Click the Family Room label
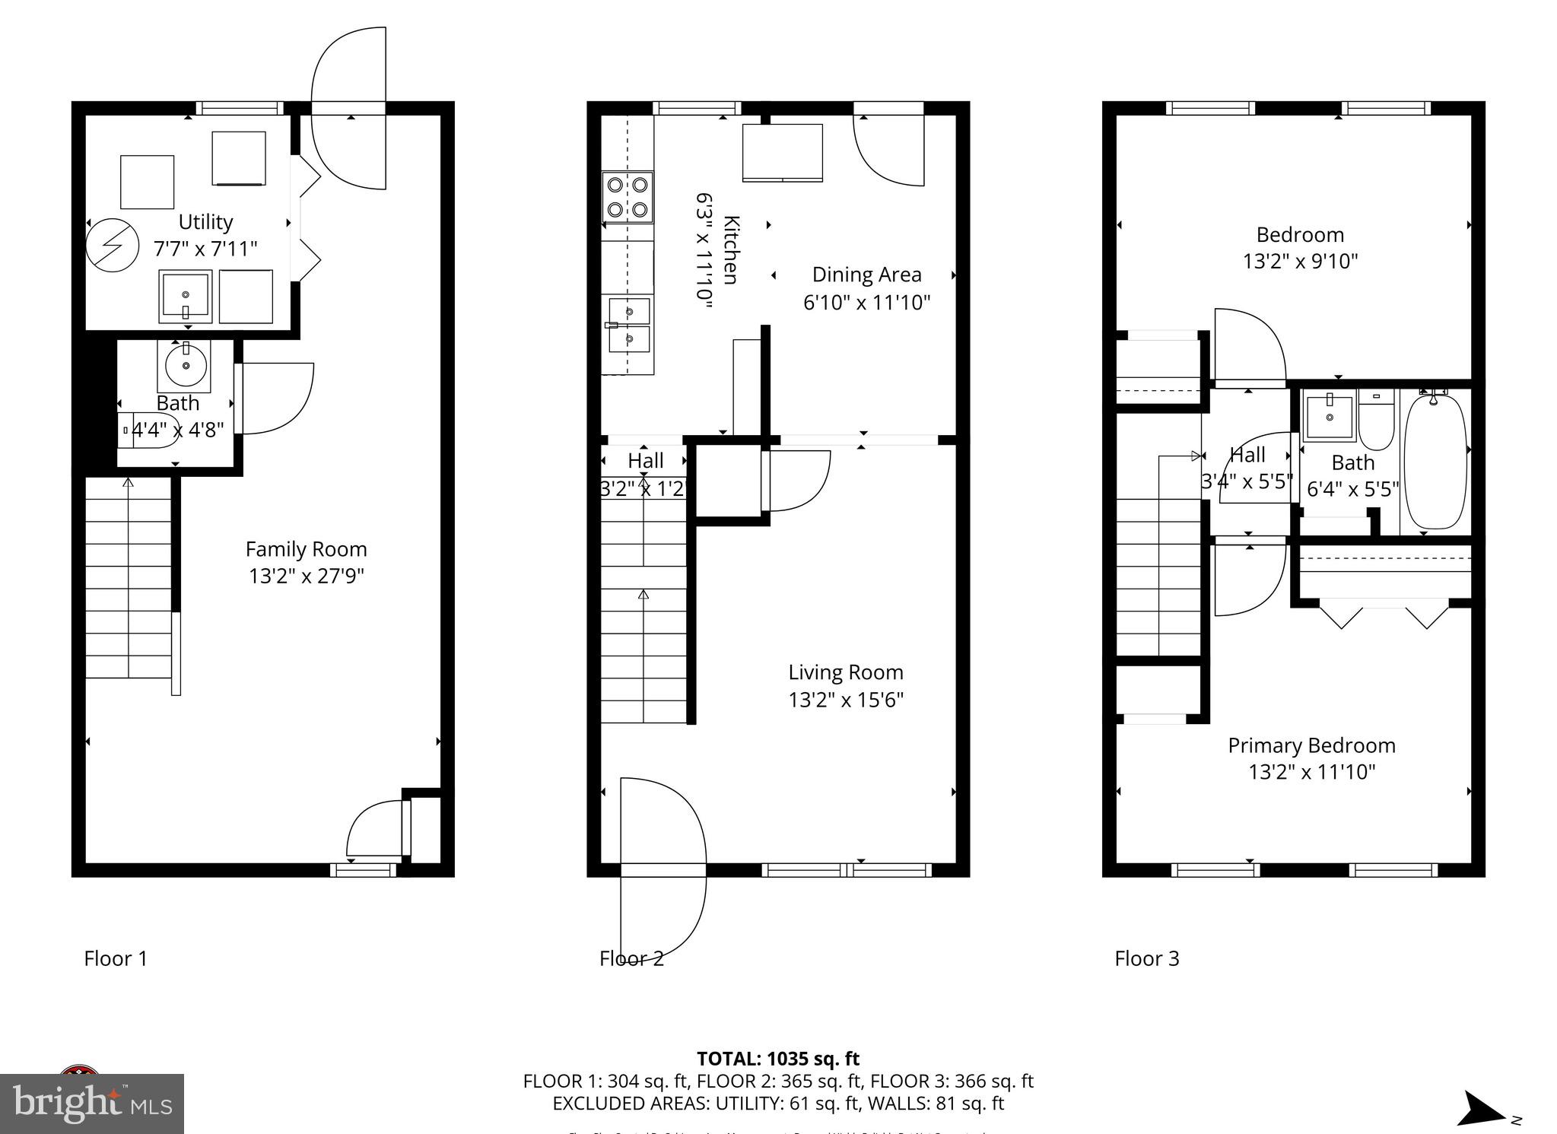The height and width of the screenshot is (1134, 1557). coord(306,549)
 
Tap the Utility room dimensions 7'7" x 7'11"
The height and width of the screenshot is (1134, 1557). coord(205,249)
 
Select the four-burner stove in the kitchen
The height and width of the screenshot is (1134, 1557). coord(628,196)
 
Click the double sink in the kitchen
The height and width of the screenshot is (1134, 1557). coord(629,325)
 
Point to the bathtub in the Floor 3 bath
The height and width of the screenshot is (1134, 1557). coord(1435,461)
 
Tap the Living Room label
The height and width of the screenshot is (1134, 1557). coord(845,672)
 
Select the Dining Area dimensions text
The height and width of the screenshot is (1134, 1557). coord(866,303)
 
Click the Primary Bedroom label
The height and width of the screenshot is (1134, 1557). coord(1311,745)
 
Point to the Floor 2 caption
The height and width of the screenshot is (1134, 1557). coord(631,958)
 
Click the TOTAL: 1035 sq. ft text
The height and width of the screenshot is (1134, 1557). coord(777,1059)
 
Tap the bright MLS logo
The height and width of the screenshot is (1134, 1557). coord(92,1103)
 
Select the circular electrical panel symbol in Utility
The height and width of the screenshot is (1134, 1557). coord(112,246)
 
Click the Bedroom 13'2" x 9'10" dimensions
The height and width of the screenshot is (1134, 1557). coord(1300,262)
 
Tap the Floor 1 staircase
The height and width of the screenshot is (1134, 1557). coord(128,578)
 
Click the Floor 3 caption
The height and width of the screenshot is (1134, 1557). coord(1146,958)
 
